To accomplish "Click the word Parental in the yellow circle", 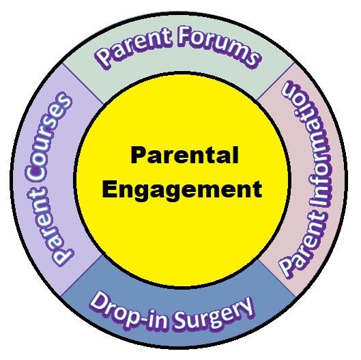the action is [x=184, y=155].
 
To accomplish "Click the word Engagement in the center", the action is [x=182, y=189].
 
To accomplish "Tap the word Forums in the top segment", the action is [x=219, y=48].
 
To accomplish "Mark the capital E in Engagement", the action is [x=110, y=189].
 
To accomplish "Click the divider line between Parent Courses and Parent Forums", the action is [x=83, y=83].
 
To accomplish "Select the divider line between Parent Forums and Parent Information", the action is [x=275, y=81].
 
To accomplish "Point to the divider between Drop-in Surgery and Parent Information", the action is [x=277, y=278].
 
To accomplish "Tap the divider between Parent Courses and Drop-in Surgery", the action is [x=81, y=275].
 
